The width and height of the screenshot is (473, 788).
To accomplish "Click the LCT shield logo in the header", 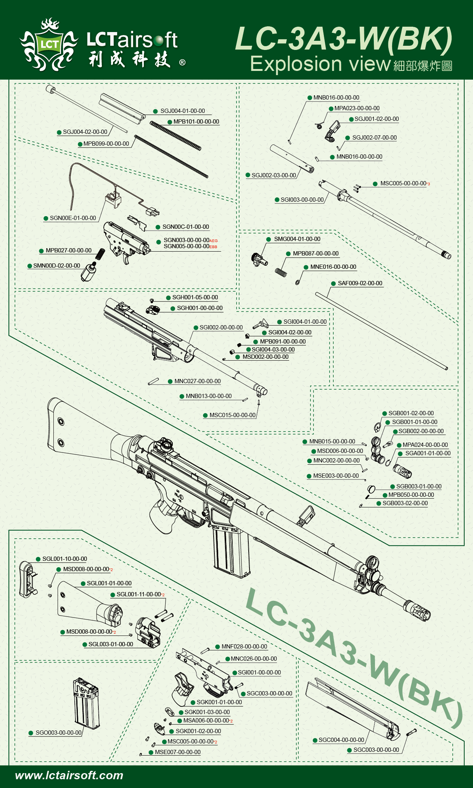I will click(49, 45).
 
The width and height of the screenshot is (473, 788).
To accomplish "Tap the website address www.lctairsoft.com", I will click(69, 775).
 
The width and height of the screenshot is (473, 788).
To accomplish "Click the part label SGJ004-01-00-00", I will click(182, 111).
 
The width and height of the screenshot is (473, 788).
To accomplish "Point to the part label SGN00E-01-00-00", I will click(73, 218).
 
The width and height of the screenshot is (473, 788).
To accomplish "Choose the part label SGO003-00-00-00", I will click(58, 733).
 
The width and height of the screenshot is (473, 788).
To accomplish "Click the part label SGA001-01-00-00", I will click(428, 453).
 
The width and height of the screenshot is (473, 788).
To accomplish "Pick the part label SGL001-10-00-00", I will click(64, 559).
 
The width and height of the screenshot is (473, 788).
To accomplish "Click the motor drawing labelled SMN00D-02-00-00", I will click(88, 271).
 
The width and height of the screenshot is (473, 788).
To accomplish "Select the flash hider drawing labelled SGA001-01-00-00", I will click(403, 471).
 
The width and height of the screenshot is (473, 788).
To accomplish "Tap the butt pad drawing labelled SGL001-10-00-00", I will click(27, 579).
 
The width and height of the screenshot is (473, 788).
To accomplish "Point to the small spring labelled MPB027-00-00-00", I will click(100, 254).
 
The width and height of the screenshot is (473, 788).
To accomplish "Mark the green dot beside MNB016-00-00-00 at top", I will click(310, 98).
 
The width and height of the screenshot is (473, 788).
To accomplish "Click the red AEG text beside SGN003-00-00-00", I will click(213, 241).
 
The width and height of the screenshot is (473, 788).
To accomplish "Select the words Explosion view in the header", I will click(320, 64).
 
